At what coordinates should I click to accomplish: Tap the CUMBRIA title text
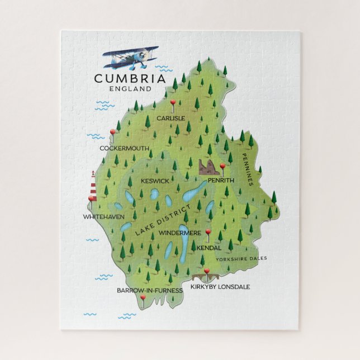pos(130,79)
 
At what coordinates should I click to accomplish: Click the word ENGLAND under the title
pos(130,89)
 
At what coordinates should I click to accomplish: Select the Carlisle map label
pos(171,119)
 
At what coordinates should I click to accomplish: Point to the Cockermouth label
pos(124,149)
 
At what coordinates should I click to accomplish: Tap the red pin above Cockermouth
pos(113,133)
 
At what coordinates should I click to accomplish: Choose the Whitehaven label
pos(103,216)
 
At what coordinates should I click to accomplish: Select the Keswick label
pos(155,181)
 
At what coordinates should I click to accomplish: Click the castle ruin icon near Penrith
pos(209,167)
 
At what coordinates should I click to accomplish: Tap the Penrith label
pos(220,181)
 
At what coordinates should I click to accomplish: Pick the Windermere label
pos(179,232)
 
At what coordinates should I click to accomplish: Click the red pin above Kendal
pos(209,233)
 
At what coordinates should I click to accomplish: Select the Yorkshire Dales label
pos(243,258)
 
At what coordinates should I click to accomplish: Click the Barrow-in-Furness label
pos(149,290)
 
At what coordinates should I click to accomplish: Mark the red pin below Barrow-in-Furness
pos(143,299)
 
